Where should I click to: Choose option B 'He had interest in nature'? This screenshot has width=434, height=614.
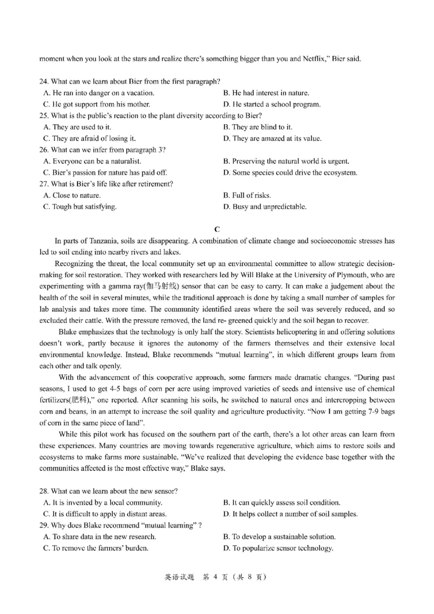(266, 93)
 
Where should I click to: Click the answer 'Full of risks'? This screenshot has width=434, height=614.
(247, 195)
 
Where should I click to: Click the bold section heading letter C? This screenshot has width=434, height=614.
(217, 229)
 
